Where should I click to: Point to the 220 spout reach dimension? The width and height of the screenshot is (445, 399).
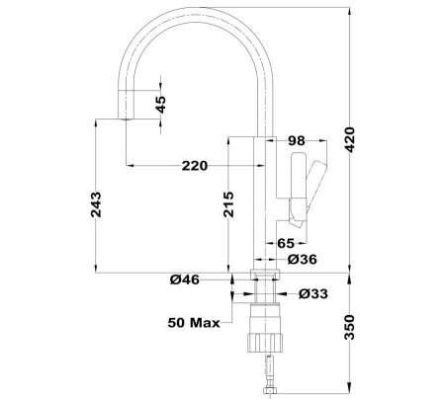194,165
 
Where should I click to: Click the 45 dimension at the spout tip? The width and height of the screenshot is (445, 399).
162,104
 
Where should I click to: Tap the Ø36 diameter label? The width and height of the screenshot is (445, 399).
301,260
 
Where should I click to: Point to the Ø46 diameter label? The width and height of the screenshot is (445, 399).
184,280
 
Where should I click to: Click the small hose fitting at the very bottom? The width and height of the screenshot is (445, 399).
267,392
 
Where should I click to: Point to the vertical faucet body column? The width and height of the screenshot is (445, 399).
264,198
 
